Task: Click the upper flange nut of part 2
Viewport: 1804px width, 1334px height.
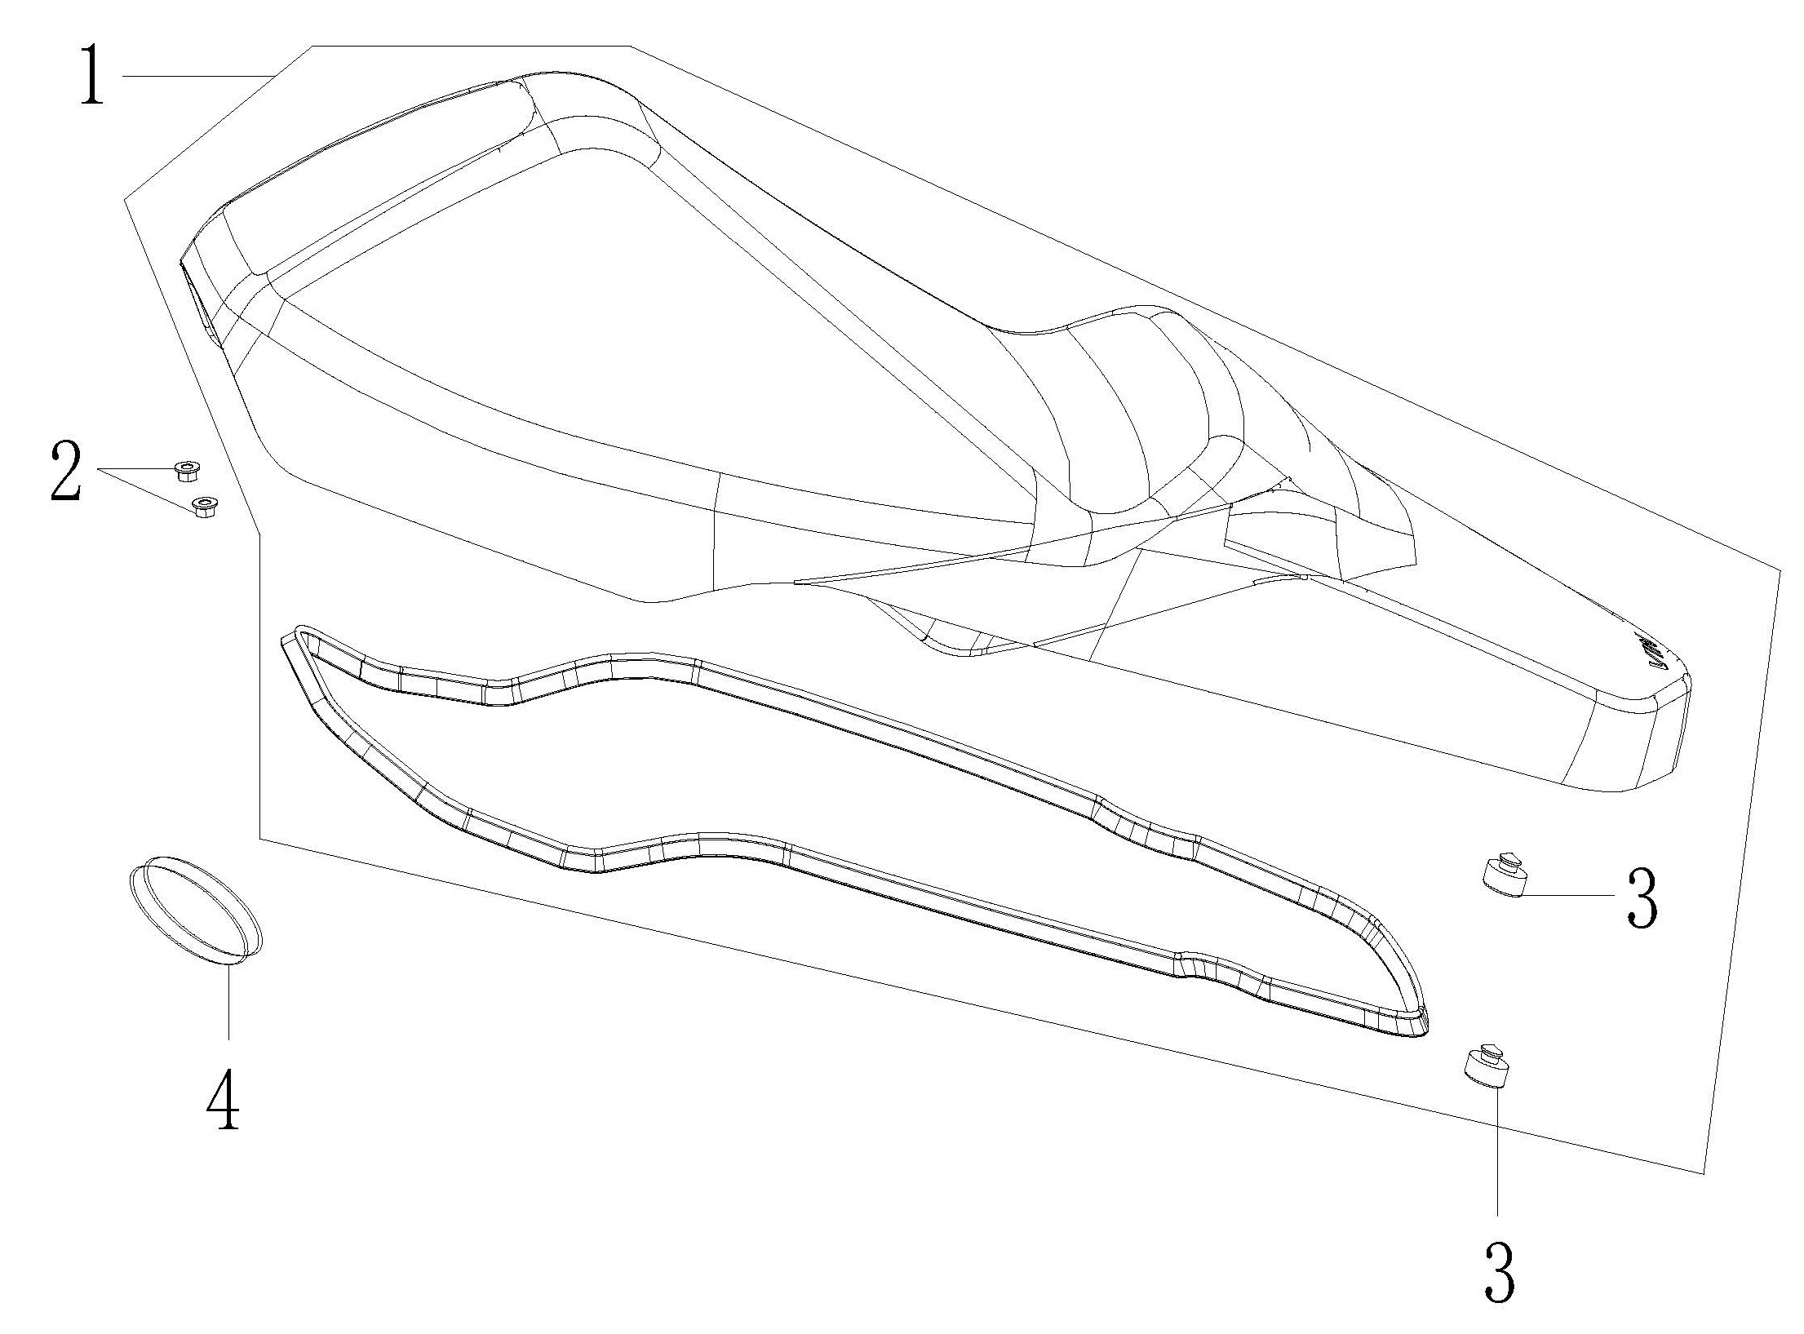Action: pyautogui.click(x=187, y=470)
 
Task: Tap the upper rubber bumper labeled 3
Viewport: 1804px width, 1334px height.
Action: pyautogui.click(x=1503, y=877)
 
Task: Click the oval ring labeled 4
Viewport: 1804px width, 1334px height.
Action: pyautogui.click(x=196, y=911)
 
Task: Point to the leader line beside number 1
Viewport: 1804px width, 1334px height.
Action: pyautogui.click(x=196, y=75)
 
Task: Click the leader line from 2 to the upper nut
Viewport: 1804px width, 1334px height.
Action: pyautogui.click(x=135, y=470)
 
